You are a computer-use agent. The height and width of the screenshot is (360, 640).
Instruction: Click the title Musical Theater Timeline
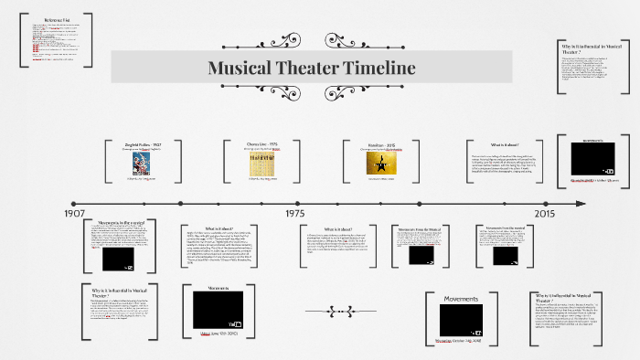[x=312, y=69]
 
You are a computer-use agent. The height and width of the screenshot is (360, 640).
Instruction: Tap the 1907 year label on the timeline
[x=75, y=213]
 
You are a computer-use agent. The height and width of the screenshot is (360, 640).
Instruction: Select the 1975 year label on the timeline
[x=294, y=213]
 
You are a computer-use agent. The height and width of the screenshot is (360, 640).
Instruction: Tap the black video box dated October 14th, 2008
[x=461, y=319]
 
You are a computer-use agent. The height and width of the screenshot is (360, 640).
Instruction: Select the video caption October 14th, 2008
[x=460, y=340]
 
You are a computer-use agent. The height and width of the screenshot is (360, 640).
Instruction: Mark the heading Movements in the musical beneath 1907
[x=123, y=222]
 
